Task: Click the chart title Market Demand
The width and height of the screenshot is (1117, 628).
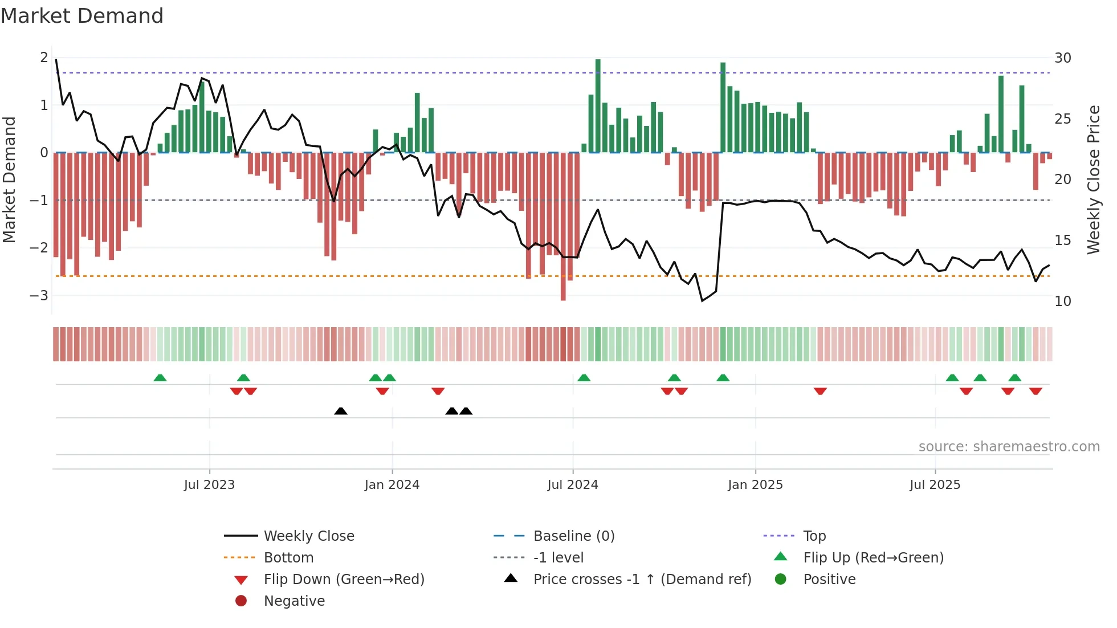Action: [82, 16]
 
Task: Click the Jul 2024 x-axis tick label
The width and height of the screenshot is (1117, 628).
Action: [572, 485]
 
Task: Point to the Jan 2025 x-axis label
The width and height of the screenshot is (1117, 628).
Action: [755, 485]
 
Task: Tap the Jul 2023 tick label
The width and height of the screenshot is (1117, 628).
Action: [209, 485]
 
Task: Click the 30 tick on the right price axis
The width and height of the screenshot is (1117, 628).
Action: [1062, 58]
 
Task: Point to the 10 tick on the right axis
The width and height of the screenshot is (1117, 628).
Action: [1062, 301]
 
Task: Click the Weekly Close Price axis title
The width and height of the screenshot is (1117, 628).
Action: [1093, 180]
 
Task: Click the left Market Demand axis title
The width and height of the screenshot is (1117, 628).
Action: [10, 180]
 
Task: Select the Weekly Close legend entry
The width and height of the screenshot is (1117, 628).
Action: [308, 536]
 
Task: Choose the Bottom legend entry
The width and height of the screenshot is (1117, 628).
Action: [288, 558]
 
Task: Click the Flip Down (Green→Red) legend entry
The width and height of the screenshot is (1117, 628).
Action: [344, 580]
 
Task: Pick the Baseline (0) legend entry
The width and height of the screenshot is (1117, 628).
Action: [573, 536]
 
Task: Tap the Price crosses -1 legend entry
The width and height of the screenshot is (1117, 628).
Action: [642, 580]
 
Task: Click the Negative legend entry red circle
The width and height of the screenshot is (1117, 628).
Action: [241, 601]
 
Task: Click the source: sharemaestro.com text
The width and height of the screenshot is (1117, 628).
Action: [1009, 447]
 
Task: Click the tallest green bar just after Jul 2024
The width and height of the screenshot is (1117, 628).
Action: [598, 105]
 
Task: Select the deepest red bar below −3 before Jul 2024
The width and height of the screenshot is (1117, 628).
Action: [563, 228]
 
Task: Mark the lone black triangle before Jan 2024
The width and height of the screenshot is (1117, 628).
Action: [341, 411]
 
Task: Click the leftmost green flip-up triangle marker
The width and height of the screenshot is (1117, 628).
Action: [160, 378]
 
